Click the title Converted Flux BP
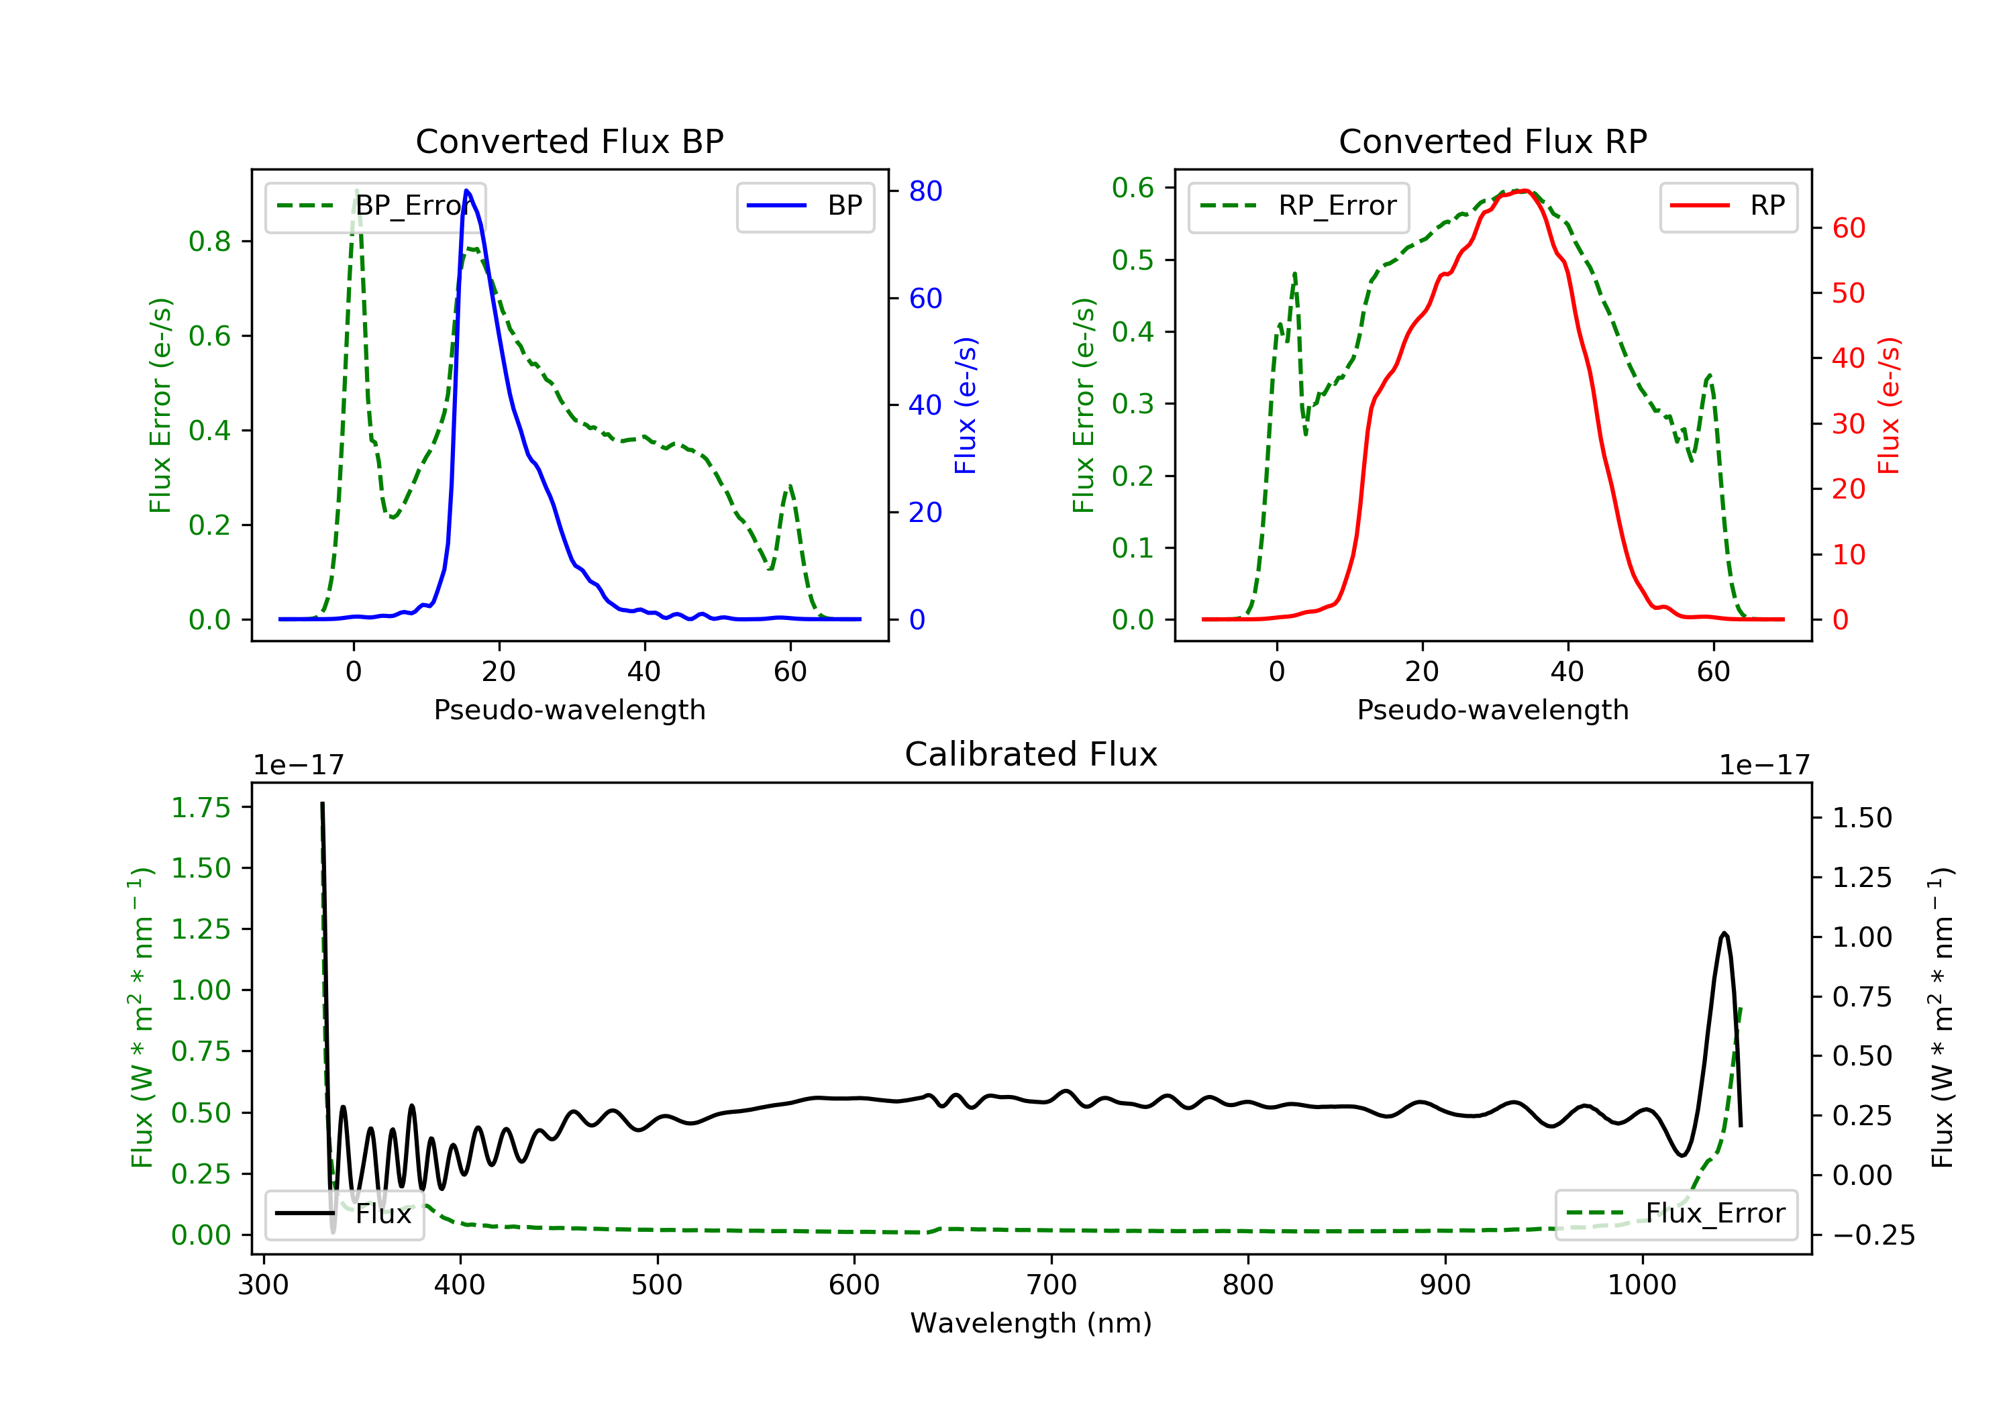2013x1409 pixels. point(569,141)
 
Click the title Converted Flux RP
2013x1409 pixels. point(1492,141)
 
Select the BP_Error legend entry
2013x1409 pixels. point(375,206)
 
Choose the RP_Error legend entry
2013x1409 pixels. point(1298,206)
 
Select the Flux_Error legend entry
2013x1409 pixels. point(1675,1214)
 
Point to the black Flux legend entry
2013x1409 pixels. point(345,1214)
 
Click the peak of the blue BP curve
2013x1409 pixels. point(466,191)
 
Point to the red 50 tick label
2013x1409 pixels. point(1848,293)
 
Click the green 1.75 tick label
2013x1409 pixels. point(200,808)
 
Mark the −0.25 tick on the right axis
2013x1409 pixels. point(1873,1235)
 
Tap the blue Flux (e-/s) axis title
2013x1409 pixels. point(966,405)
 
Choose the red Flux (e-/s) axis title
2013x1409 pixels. point(1888,405)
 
